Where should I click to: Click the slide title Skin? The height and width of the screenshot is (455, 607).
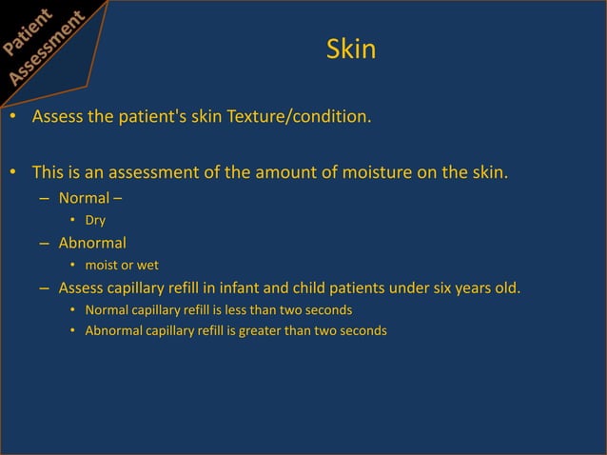point(350,49)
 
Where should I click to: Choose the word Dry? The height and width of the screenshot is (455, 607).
point(95,221)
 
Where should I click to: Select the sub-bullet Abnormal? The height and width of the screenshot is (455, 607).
point(92,243)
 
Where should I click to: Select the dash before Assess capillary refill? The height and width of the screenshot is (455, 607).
point(46,287)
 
